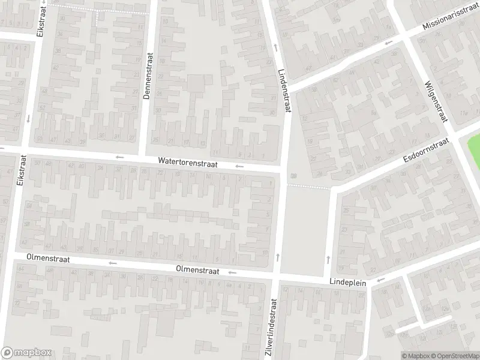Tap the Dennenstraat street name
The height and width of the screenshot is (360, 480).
coord(150,75)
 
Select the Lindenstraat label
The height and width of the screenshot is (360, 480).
coord(284,90)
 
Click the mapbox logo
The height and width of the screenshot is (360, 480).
coord(26,353)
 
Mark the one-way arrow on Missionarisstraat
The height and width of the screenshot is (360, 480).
coord(389,43)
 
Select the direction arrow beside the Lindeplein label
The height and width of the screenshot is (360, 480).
coord(380,280)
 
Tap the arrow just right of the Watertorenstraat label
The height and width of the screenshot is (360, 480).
coord(240,166)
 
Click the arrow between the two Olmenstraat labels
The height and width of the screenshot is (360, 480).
coord(112,263)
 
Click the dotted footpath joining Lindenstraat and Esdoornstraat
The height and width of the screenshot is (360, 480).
coord(309,187)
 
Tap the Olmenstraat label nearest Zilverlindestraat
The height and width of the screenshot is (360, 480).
coord(197,271)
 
